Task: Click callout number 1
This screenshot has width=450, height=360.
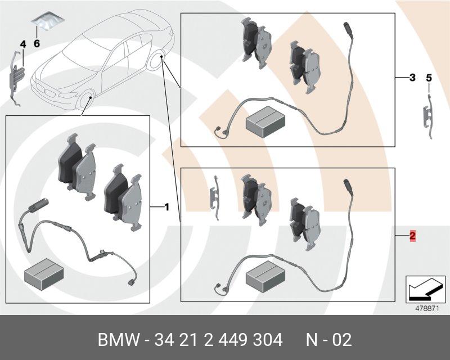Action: [x=166, y=207]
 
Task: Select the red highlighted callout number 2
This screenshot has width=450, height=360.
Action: [x=412, y=236]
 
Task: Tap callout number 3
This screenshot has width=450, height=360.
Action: [x=412, y=77]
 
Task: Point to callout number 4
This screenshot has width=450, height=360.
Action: [x=23, y=44]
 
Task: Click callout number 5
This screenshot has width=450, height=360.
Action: [x=429, y=78]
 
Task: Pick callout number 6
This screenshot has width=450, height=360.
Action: [x=37, y=44]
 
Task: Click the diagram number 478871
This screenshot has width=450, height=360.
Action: [x=427, y=309]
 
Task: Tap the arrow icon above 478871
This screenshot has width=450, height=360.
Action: [x=425, y=289]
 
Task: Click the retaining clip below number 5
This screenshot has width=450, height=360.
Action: [x=427, y=116]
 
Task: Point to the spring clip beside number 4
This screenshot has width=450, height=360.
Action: [x=16, y=78]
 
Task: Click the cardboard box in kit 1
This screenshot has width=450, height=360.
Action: [x=44, y=274]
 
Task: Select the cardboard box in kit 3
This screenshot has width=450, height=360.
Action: [x=265, y=121]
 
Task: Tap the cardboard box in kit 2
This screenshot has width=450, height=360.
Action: [x=265, y=276]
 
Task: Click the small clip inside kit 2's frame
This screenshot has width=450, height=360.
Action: [x=215, y=197]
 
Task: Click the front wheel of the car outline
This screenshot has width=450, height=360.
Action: [x=87, y=101]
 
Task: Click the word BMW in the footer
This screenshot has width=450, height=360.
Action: [x=119, y=340]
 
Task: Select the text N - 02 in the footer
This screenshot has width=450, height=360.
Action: [x=328, y=340]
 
